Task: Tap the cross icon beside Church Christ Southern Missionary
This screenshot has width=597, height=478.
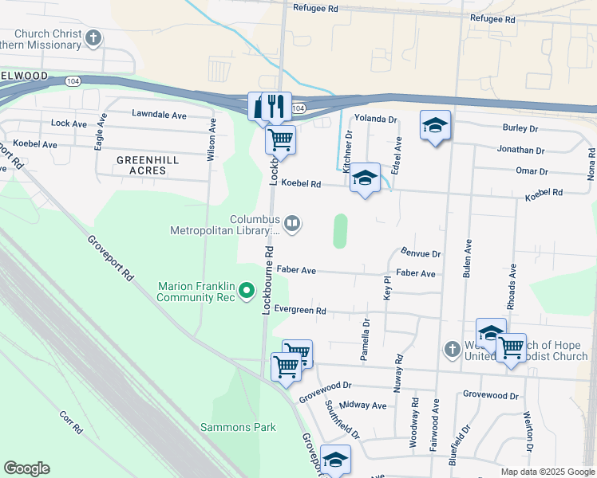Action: point(94,37)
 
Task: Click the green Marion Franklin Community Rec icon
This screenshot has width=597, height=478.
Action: point(247,291)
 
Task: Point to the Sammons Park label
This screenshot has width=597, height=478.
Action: point(238,427)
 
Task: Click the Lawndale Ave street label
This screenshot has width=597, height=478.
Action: point(159,116)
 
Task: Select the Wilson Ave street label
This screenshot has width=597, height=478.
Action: point(212,141)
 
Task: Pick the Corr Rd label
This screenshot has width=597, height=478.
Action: point(71,421)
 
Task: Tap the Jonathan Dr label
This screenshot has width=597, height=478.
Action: point(520,150)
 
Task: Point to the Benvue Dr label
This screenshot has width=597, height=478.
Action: point(421,253)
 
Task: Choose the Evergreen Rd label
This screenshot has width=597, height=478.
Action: point(300,310)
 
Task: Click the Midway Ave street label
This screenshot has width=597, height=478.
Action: point(362,406)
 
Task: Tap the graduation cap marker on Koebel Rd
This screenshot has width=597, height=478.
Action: point(365,178)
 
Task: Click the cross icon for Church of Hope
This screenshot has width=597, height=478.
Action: point(452,349)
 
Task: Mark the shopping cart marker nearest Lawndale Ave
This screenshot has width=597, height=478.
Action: point(280,141)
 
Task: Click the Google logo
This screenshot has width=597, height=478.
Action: point(26,468)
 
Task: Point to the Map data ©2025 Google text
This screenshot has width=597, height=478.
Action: point(547,472)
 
